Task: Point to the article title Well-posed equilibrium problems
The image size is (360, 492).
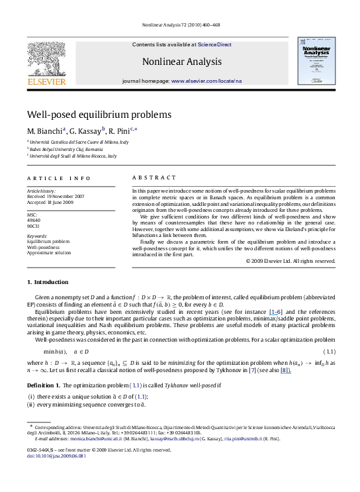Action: click(99, 114)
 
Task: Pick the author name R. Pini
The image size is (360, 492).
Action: click(122, 130)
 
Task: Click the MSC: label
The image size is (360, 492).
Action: click(32, 215)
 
